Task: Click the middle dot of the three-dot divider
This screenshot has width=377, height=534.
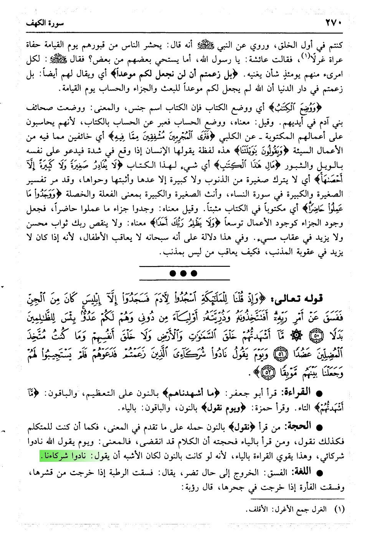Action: (x=184, y=274)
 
